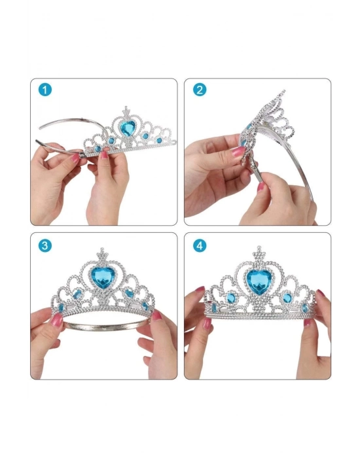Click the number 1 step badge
pyautogui.click(x=45, y=90)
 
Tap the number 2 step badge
pyautogui.click(x=200, y=90)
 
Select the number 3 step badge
pyautogui.click(x=45, y=245)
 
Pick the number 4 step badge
pyautogui.click(x=200, y=245)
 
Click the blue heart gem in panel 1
pyautogui.click(x=128, y=128)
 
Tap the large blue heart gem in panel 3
pyautogui.click(x=103, y=277)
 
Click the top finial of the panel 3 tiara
pyautogui.click(x=102, y=254)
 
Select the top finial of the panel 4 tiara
pyautogui.click(x=259, y=253)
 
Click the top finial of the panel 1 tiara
pyautogui.click(x=126, y=111)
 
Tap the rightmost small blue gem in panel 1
pyautogui.click(x=159, y=140)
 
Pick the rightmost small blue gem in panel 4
pyautogui.click(x=305, y=308)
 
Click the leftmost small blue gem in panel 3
pyautogui.click(x=61, y=308)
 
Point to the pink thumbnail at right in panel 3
pyautogui.click(x=156, y=315)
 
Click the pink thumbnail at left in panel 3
pyautogui.click(x=56, y=319)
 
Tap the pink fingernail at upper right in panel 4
pyautogui.click(x=321, y=293)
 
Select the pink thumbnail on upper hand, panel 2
pyautogui.click(x=238, y=152)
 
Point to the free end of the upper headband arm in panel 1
pyautogui.click(x=41, y=128)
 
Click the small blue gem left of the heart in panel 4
pyautogui.click(x=231, y=298)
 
